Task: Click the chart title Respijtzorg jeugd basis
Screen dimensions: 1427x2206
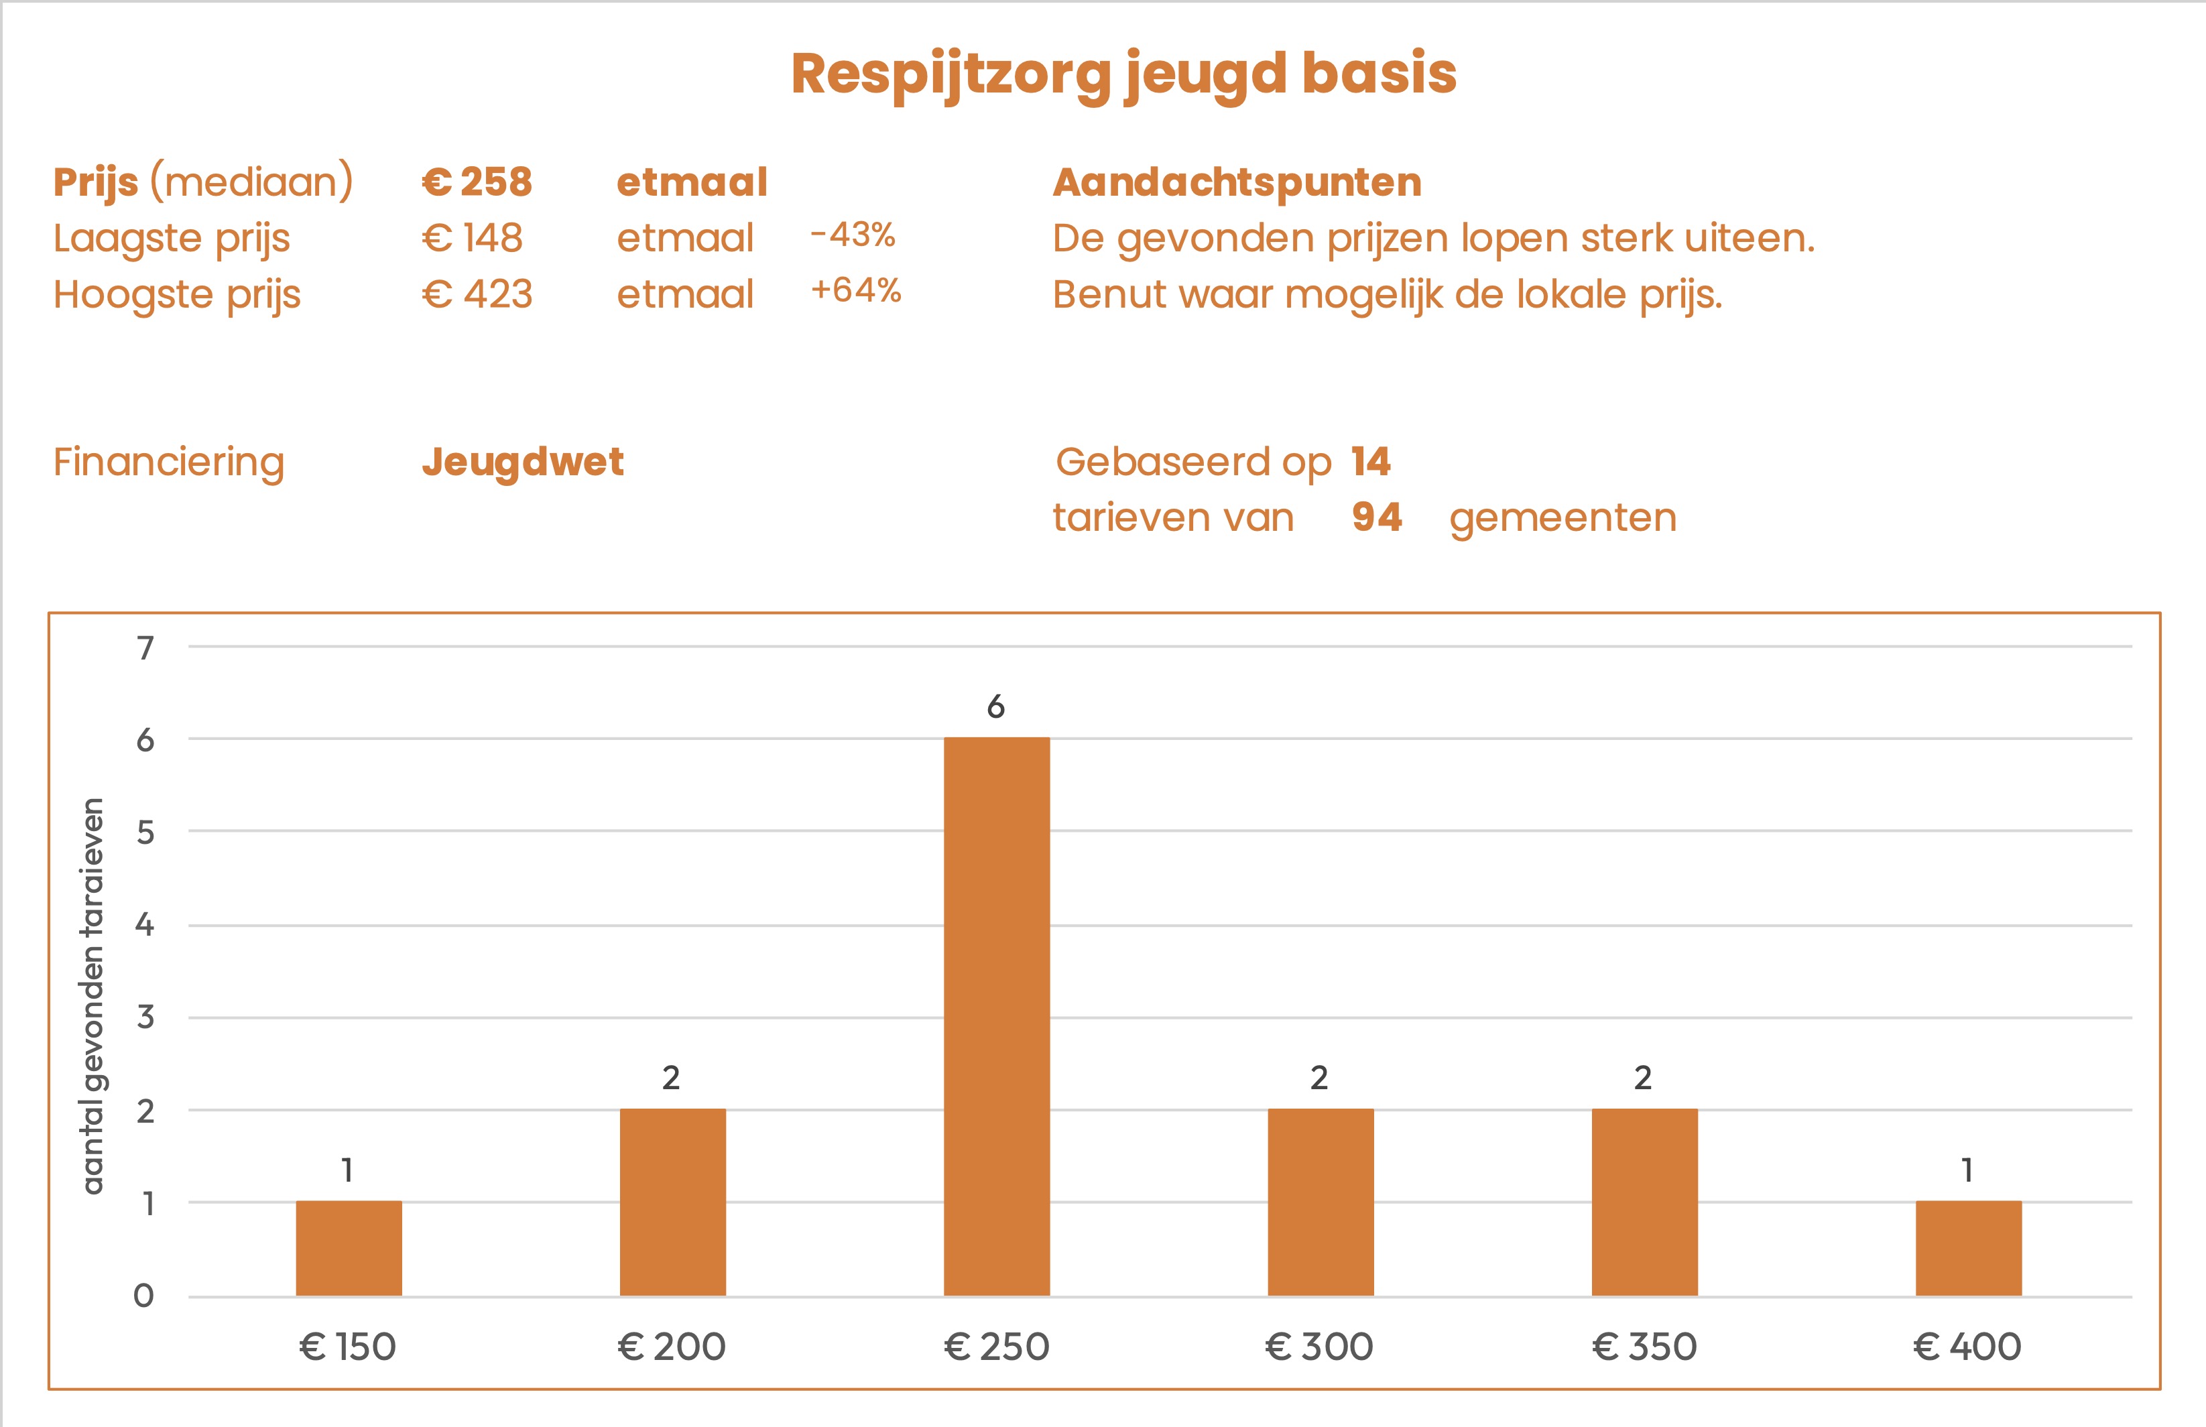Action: (x=1123, y=74)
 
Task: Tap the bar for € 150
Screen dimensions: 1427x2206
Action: (x=349, y=1247)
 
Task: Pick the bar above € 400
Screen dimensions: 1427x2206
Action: (x=1968, y=1247)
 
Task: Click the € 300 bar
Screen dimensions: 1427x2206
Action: (x=1321, y=1201)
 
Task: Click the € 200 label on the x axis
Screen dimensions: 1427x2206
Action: (x=672, y=1347)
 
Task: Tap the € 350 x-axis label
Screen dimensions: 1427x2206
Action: (x=1644, y=1347)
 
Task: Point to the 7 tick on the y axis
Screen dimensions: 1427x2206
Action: (x=145, y=647)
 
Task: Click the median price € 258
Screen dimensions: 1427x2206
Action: (x=477, y=182)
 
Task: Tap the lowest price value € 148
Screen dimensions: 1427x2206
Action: (x=473, y=238)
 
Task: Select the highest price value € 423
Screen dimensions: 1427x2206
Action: (x=477, y=295)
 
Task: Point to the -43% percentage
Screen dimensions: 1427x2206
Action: (x=853, y=235)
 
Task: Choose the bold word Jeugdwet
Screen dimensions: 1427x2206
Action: (x=523, y=461)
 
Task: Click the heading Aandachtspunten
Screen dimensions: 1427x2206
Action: (x=1237, y=182)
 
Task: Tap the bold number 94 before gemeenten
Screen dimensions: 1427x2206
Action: (x=1377, y=517)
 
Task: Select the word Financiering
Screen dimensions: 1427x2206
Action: (x=169, y=461)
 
